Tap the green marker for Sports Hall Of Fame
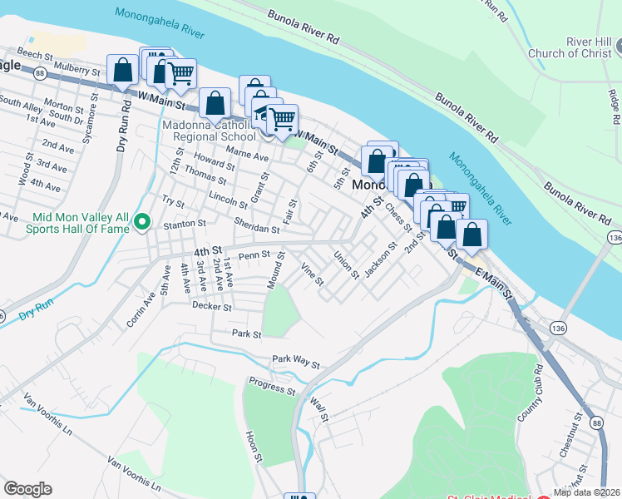point(141,222)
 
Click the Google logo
point(27,489)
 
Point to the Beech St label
point(35,54)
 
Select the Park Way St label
point(296,362)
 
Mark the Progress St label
point(273,386)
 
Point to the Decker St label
point(211,306)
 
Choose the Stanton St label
point(184,224)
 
